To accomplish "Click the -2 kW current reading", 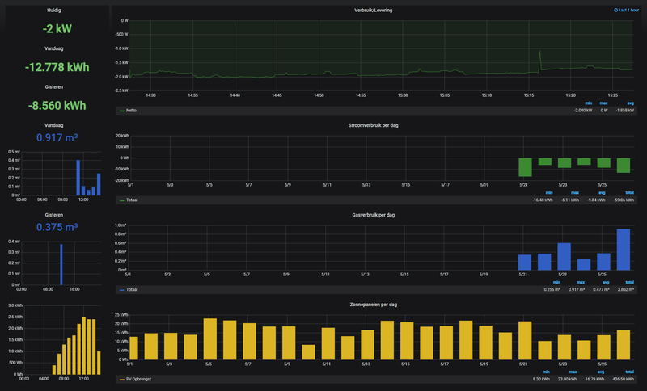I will coord(53,29).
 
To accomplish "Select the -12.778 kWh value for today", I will coord(53,67).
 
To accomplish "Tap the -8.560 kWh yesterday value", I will coord(53,105).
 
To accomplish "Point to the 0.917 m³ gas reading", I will coord(53,138).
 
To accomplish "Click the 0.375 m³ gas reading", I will coord(53,227).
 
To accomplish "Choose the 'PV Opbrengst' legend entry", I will coord(139,379).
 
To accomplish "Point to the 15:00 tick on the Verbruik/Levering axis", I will coord(403,95).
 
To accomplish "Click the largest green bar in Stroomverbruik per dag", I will coord(526,166).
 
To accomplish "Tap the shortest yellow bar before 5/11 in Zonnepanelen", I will coord(308,352).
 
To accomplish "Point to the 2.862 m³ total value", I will coord(624,289).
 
